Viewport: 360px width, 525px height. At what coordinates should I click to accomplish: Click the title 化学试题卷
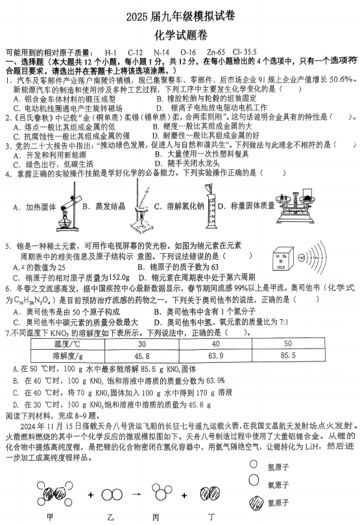pyautogui.click(x=180, y=34)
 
